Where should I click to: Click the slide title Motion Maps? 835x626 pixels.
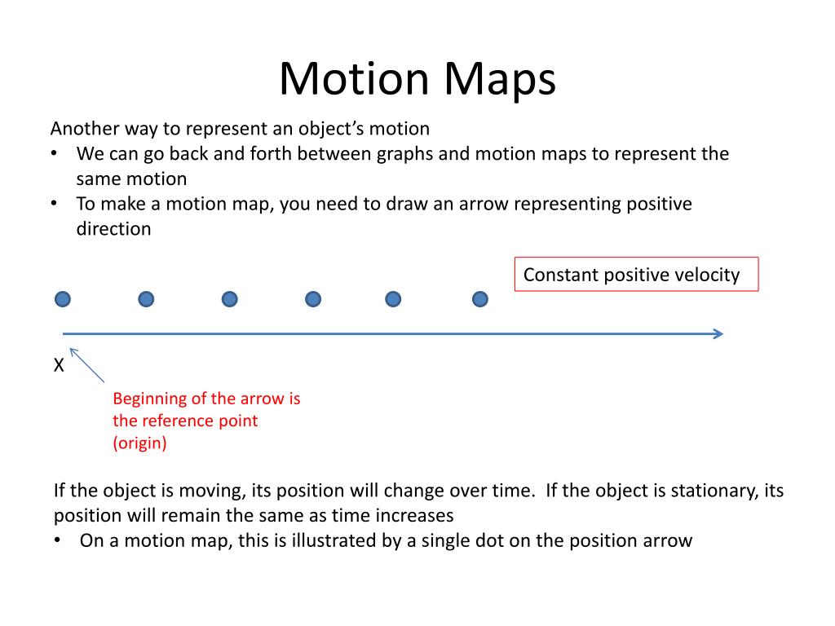click(417, 79)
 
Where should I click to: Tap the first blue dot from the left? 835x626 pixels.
click(63, 299)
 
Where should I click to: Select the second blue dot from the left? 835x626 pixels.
click(146, 299)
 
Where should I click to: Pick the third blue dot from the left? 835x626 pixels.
click(230, 299)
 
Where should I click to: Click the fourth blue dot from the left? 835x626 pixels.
click(313, 299)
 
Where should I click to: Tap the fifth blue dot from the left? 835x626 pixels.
click(393, 299)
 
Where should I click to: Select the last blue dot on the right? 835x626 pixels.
click(480, 299)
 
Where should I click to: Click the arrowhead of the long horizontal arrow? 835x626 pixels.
click(718, 333)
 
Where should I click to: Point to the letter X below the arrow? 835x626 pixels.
click(59, 366)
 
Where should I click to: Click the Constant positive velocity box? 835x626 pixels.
click(636, 275)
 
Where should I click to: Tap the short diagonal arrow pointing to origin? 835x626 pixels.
click(86, 365)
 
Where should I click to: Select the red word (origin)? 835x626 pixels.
click(139, 443)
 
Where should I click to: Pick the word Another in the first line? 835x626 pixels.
click(84, 129)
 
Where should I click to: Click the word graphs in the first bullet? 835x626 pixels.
click(404, 154)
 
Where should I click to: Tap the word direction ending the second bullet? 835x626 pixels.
click(113, 229)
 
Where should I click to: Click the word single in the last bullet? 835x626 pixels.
click(446, 540)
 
